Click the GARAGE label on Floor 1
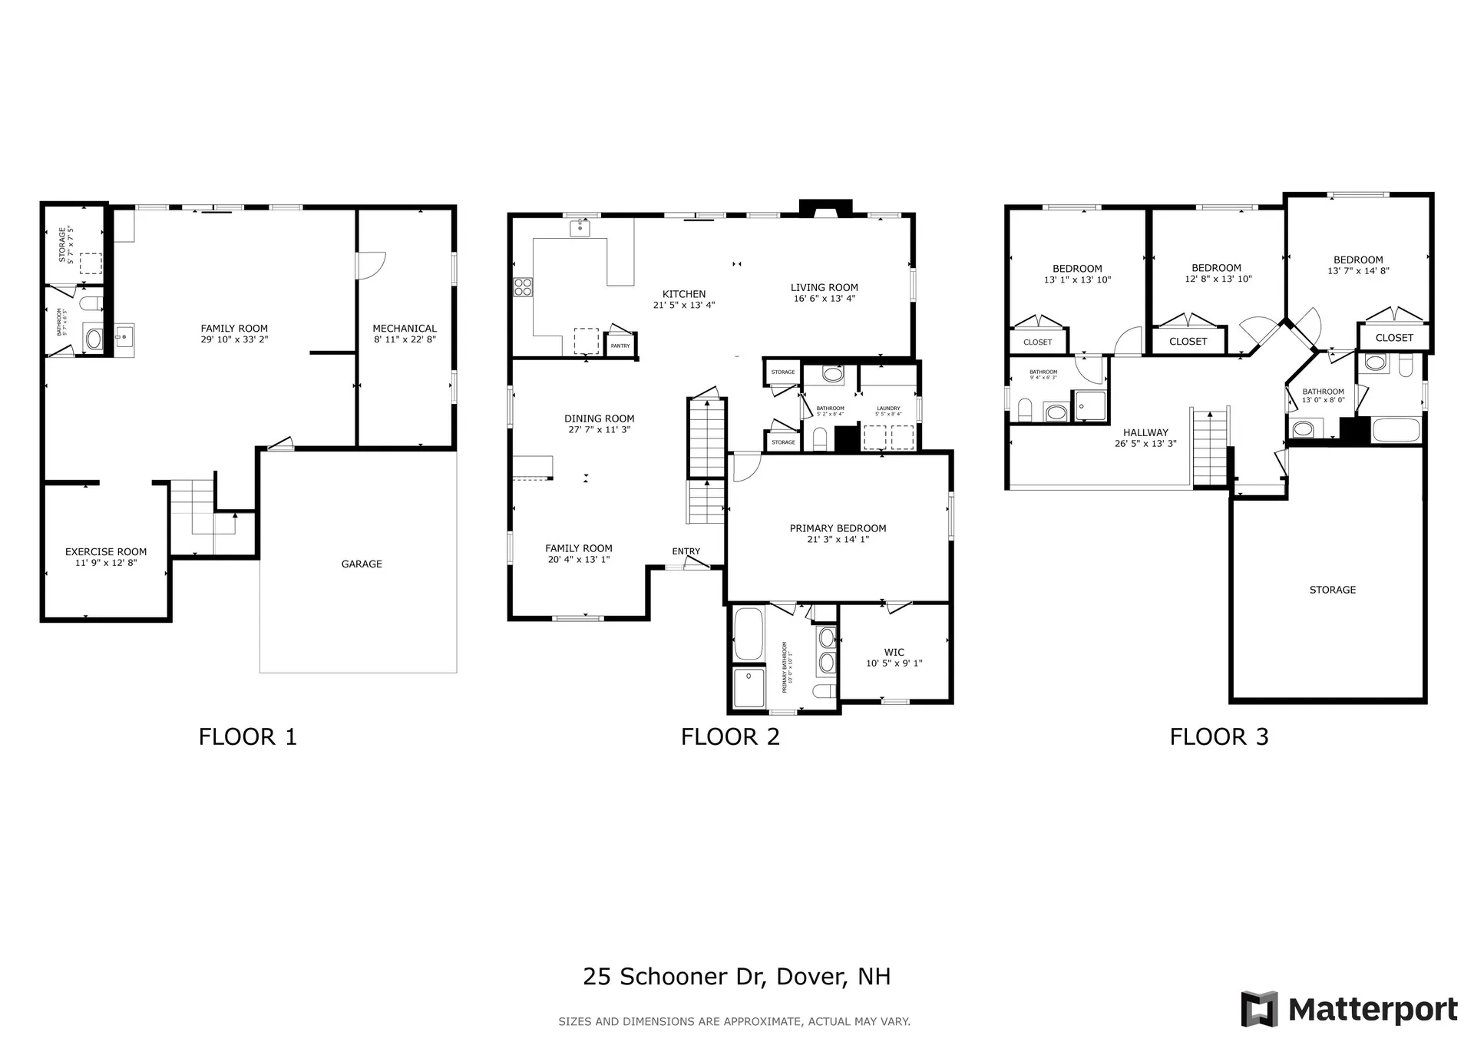click(362, 564)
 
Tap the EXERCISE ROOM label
click(106, 551)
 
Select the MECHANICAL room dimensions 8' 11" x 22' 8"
click(405, 339)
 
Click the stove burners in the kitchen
click(523, 287)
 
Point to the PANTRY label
click(620, 346)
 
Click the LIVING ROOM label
click(825, 287)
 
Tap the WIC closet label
click(894, 652)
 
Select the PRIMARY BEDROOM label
click(838, 528)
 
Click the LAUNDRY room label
click(888, 409)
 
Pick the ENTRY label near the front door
click(686, 551)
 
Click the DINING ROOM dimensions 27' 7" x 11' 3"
click(599, 430)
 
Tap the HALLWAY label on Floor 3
click(1145, 432)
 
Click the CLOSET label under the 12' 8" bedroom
click(1188, 341)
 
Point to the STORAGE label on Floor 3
click(1332, 590)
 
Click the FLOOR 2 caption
click(730, 737)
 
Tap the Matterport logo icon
click(1259, 1008)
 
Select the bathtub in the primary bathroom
click(748, 633)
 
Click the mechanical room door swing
click(371, 266)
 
